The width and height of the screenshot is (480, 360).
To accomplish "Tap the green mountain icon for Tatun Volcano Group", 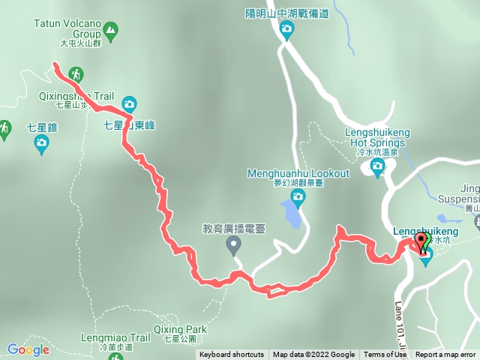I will [x=111, y=31].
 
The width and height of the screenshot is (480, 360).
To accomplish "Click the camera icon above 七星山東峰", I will [x=129, y=103].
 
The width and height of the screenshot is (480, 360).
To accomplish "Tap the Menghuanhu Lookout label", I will [x=298, y=173].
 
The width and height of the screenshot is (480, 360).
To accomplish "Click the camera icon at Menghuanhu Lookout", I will [x=298, y=198].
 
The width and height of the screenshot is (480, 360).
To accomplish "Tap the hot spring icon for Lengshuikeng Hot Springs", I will [x=377, y=169].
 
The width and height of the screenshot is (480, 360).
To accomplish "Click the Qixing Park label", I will [x=179, y=329].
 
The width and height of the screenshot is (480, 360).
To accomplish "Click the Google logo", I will [x=28, y=349].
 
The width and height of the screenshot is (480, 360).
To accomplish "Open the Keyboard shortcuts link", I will [x=232, y=355].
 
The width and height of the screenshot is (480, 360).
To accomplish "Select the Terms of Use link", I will [x=385, y=355].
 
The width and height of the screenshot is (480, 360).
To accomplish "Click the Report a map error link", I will [x=445, y=355].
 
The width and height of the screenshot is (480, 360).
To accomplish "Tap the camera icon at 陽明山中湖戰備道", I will [x=286, y=30].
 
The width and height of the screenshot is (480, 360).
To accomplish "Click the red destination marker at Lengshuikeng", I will [x=421, y=242].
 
